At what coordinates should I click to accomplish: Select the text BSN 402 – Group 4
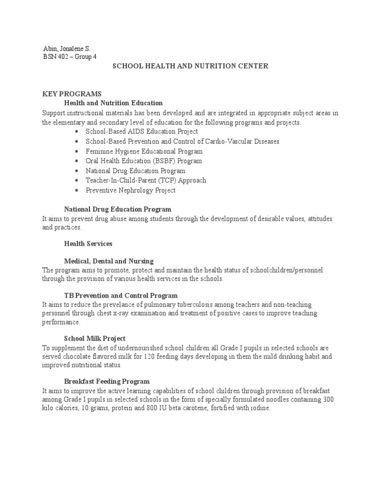[x=69, y=57]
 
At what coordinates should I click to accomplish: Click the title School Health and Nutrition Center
[x=190, y=66]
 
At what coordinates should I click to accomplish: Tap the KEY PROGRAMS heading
[x=71, y=94]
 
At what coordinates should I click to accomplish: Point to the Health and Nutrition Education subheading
[x=113, y=103]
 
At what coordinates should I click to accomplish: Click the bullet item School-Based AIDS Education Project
[x=142, y=131]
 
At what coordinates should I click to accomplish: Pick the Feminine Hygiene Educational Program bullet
[x=144, y=151]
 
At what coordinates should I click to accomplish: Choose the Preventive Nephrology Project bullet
[x=131, y=190]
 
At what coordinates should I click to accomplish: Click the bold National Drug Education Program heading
[x=118, y=209]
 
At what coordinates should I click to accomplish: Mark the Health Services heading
[x=88, y=244]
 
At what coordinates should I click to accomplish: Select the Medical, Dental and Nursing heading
[x=109, y=261]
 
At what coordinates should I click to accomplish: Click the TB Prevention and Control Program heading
[x=121, y=295]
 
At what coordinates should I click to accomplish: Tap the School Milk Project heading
[x=95, y=339]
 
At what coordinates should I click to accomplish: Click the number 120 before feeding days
[x=150, y=357]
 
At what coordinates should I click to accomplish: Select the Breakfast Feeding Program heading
[x=106, y=381]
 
